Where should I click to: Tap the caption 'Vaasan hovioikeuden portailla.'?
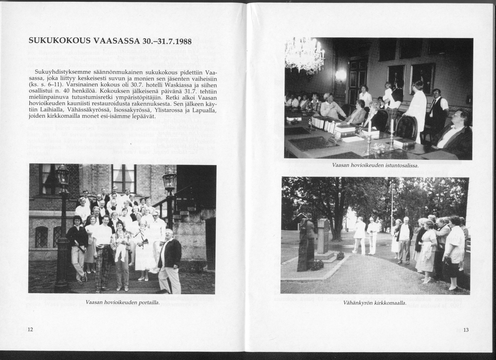pos(122,302)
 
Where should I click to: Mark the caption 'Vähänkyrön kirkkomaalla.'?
pos(375,303)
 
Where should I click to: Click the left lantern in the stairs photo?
pos(62,175)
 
